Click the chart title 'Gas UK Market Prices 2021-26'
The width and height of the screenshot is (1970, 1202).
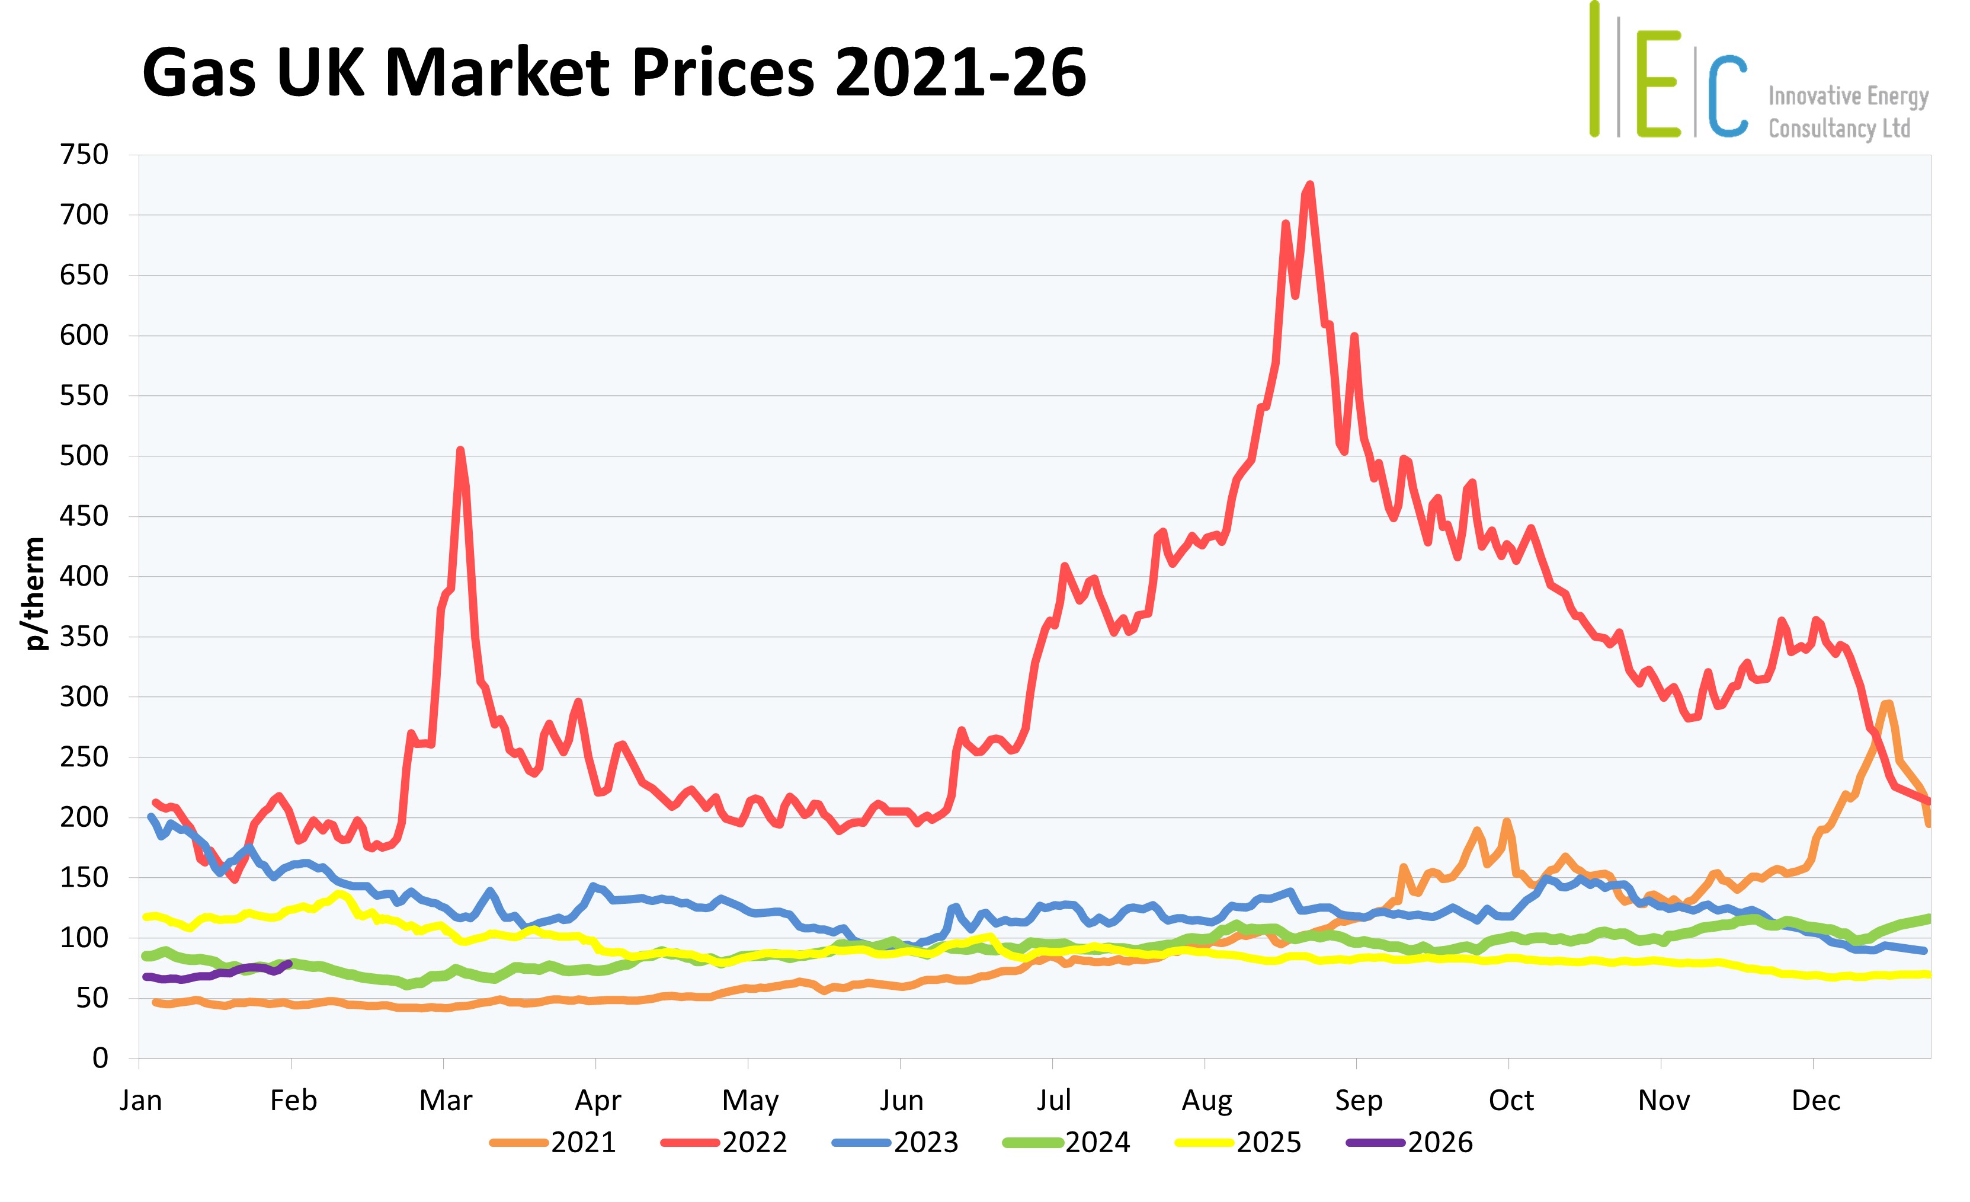click(613, 73)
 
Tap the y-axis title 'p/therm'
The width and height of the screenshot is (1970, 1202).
click(34, 593)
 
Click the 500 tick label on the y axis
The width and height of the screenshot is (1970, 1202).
click(84, 456)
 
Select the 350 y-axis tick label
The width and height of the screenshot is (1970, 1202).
click(84, 637)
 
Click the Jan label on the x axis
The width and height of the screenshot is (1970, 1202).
click(141, 1101)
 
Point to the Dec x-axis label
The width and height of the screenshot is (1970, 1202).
click(1816, 1101)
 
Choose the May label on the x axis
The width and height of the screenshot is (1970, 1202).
click(750, 1101)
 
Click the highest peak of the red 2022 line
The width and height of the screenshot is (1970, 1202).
click(1309, 185)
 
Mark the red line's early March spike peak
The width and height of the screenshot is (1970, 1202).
click(460, 450)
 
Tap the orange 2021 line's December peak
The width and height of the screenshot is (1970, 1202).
click(1888, 704)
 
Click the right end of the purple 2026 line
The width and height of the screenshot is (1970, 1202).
click(289, 964)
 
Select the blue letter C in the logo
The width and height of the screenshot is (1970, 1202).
click(1728, 96)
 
